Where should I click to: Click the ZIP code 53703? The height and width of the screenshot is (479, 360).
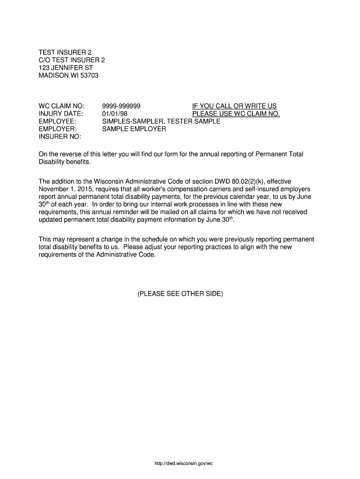(89, 75)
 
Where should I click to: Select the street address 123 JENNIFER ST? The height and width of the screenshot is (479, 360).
(66, 67)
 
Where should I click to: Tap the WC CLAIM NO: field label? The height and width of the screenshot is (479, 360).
(61, 106)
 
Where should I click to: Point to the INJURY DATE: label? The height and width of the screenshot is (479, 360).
(60, 114)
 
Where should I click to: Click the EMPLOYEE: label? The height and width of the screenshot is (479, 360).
(58, 121)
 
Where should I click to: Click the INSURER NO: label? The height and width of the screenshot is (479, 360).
(60, 137)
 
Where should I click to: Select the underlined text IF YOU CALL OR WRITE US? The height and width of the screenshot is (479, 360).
(235, 106)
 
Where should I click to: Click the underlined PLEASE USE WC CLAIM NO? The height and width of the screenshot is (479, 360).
(236, 114)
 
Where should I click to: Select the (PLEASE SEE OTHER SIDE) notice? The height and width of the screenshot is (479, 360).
(180, 294)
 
